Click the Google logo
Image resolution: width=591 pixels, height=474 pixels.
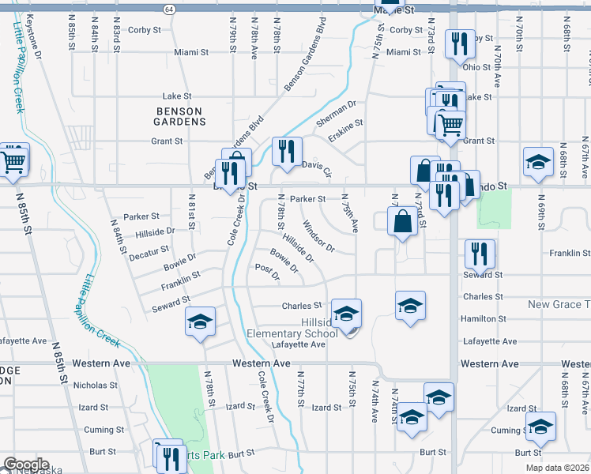pos(25,465)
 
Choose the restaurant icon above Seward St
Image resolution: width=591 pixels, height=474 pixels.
pos(480,253)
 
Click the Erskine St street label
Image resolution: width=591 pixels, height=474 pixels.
pos(346,124)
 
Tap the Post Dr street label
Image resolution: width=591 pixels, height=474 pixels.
pos(269,273)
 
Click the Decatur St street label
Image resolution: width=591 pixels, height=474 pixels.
pos(149,252)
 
